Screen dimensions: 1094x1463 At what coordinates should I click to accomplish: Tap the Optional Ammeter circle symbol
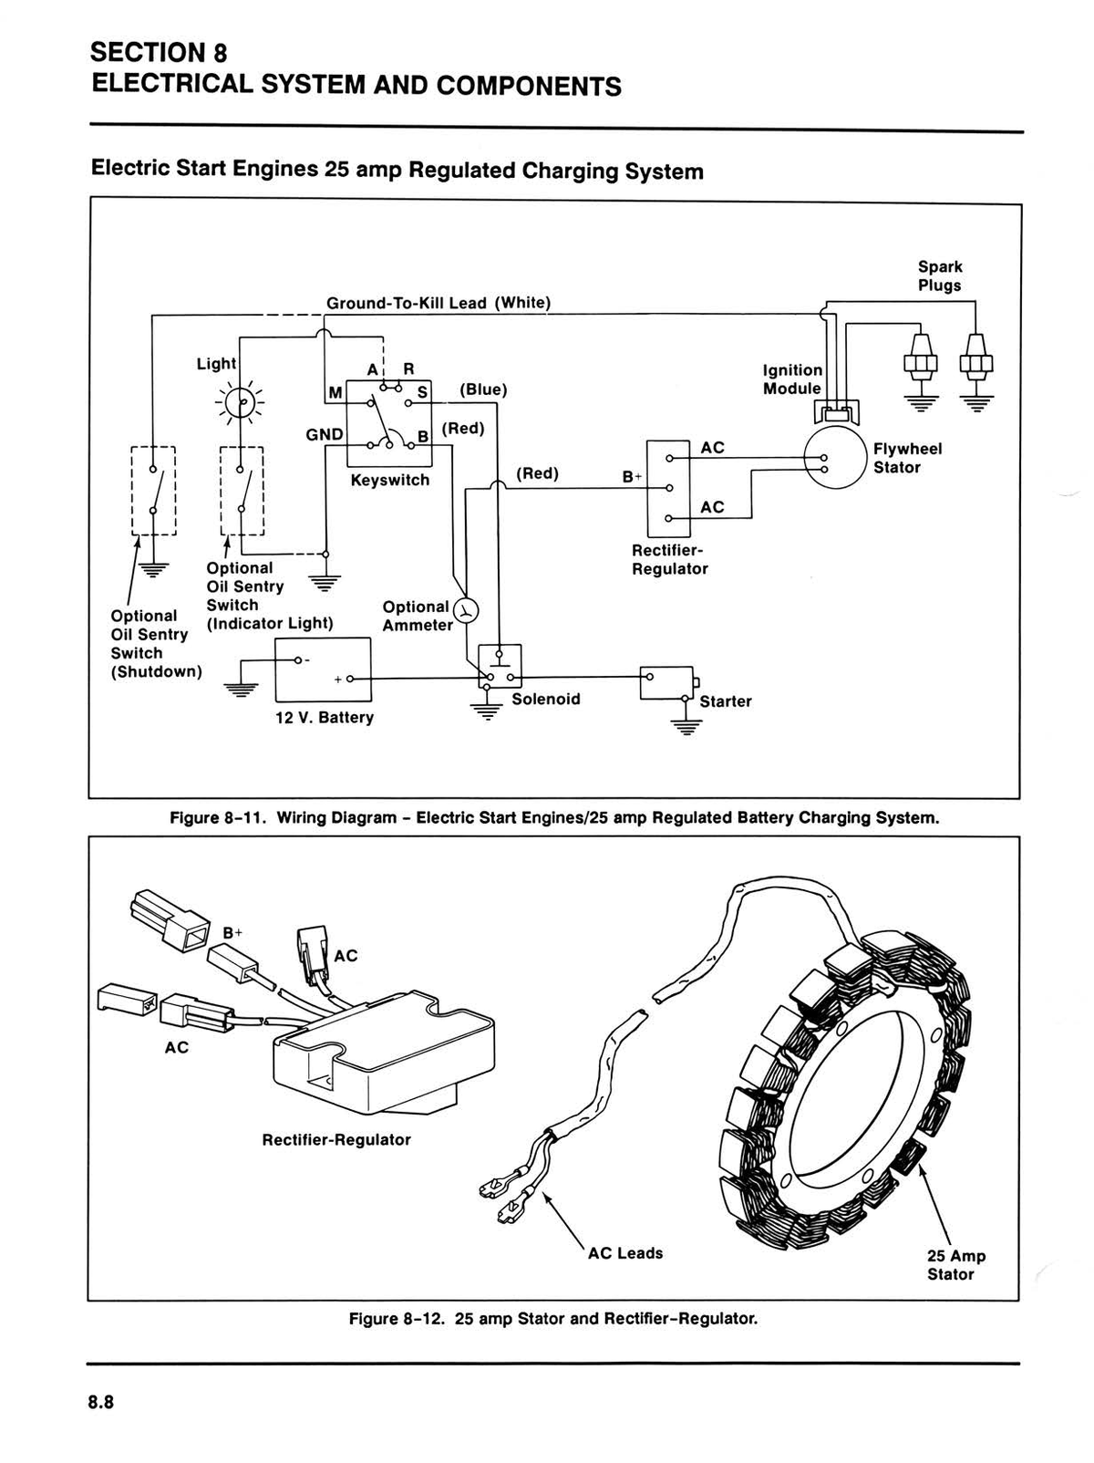[x=466, y=610]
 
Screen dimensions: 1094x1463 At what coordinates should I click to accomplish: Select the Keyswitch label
[x=390, y=480]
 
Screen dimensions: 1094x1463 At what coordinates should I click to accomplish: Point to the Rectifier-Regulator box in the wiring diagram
[x=668, y=488]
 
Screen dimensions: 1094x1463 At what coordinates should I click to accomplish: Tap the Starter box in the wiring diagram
[x=666, y=682]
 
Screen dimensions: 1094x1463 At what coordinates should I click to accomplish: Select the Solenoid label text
[x=546, y=699]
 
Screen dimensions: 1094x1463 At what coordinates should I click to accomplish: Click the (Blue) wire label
[x=484, y=389]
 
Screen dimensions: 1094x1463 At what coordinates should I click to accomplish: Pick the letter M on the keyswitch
[x=335, y=393]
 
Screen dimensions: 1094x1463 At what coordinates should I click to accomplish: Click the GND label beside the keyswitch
[x=325, y=434]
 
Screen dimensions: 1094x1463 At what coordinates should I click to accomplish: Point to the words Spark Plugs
[x=939, y=276]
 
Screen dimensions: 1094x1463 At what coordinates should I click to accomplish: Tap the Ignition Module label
[x=793, y=379]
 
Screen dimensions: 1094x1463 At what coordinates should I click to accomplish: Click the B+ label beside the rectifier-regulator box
[x=633, y=476]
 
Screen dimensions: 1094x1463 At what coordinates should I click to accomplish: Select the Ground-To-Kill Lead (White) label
[x=439, y=303]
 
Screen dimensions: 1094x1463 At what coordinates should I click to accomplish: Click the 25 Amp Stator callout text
[x=956, y=1265]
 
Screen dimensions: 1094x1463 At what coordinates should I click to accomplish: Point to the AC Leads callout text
[x=625, y=1253]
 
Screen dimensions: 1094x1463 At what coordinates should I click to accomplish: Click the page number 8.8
[x=101, y=1402]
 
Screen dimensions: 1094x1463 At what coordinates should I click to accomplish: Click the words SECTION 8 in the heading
[x=159, y=53]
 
